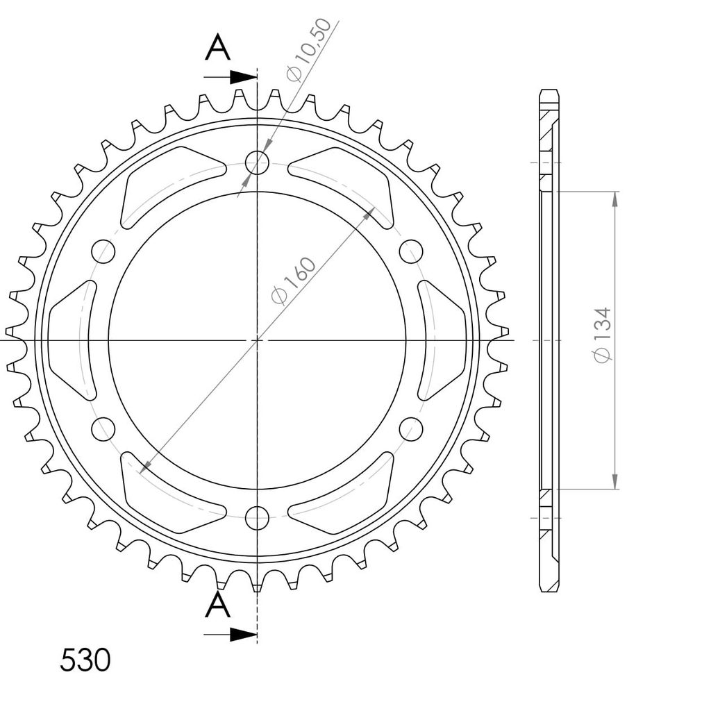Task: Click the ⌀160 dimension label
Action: (293, 281)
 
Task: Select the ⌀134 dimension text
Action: (603, 335)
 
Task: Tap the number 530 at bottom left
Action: (85, 660)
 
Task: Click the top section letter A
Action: (217, 49)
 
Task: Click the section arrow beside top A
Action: (231, 78)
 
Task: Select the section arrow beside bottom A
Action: (231, 635)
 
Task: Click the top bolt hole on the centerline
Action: (257, 162)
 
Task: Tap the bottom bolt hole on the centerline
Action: (257, 518)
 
